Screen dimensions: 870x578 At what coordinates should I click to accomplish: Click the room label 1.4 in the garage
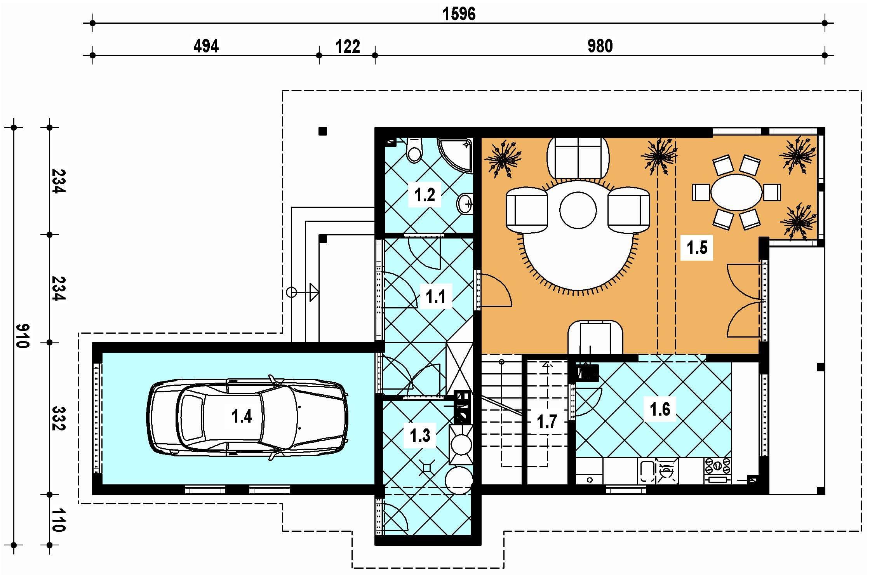pos(242,416)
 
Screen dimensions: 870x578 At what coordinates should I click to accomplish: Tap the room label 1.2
pos(425,195)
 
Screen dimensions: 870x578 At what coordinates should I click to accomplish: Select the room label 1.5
pos(697,247)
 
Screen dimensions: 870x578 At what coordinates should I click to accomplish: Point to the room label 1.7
pos(547,421)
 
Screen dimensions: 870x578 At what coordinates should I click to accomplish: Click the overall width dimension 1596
pos(459,14)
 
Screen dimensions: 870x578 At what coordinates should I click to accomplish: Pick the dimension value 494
pos(206,46)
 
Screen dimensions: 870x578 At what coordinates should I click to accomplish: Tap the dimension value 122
pos(348,47)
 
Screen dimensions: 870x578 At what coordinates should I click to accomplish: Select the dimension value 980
pos(600,46)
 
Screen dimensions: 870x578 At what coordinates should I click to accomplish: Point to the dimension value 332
pos(59,418)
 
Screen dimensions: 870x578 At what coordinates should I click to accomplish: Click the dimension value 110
pos(58,520)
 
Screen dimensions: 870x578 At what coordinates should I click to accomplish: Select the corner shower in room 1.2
pos(455,155)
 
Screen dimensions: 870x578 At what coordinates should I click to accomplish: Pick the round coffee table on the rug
pos(578,210)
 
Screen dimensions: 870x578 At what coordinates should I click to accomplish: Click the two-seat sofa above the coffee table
pos(578,158)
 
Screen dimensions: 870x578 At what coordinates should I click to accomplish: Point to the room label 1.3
pos(420,435)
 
